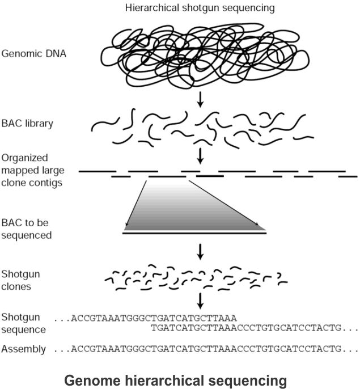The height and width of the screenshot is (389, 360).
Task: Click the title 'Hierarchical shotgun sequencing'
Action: pos(192,8)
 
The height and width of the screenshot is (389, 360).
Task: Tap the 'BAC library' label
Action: pos(27,122)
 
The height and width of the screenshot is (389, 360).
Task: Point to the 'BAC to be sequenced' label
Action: pos(27,229)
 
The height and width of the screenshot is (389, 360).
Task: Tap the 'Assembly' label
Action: pos(23,349)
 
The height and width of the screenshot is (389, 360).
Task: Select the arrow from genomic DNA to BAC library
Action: pos(200,100)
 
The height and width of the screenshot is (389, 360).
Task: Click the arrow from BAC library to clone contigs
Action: pos(200,154)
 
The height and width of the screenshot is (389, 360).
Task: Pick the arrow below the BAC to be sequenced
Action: pos(200,250)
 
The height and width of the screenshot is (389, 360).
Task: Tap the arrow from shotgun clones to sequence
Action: pos(200,300)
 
